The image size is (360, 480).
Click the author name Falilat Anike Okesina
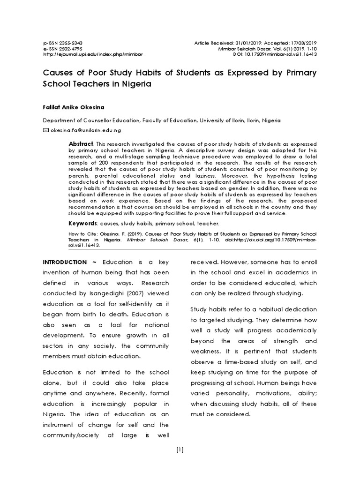click(73, 106)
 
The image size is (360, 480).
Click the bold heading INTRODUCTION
click(65, 262)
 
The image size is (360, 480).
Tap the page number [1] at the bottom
click(180, 450)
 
